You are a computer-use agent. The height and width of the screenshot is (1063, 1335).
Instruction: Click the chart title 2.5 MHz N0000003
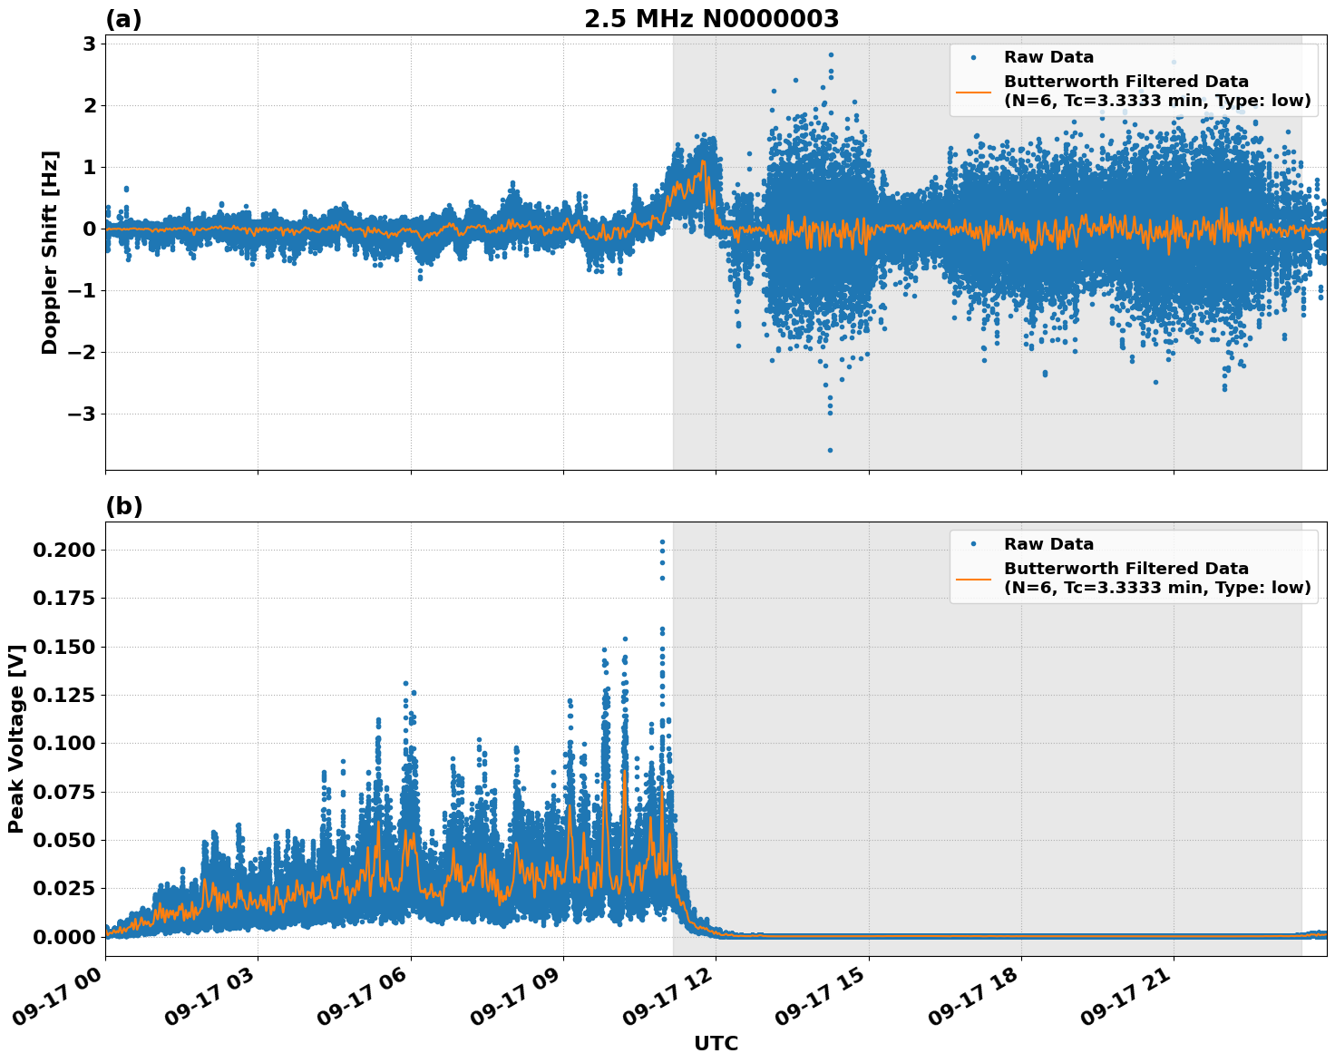[x=711, y=19]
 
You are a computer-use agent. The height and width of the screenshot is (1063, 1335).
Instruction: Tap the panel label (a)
[x=123, y=19]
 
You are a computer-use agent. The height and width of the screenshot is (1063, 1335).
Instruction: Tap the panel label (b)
[x=123, y=506]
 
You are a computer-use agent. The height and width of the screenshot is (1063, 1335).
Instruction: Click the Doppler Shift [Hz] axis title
[x=50, y=252]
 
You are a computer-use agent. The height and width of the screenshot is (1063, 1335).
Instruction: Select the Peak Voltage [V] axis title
[x=15, y=739]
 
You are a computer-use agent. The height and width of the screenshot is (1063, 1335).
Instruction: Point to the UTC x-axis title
[x=716, y=1043]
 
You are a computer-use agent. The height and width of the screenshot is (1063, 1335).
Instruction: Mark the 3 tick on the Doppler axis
[x=90, y=44]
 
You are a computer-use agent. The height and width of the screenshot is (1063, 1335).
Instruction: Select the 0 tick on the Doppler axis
[x=90, y=229]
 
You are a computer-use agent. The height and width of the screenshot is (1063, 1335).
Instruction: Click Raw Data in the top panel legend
[x=1048, y=57]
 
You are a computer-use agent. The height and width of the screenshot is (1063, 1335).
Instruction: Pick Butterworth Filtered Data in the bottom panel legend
[x=1125, y=569]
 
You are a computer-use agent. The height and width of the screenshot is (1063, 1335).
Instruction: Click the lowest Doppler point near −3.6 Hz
[x=830, y=450]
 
